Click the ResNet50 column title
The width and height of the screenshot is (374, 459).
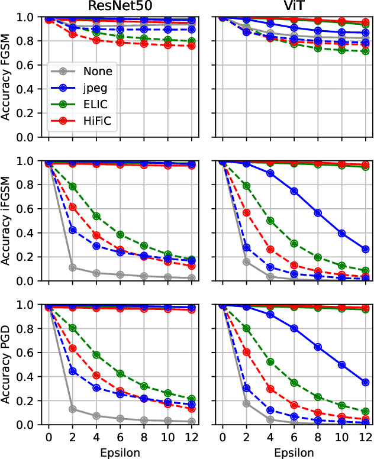(121, 7)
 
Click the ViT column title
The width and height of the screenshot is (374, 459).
(295, 7)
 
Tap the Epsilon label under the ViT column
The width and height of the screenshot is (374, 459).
(295, 452)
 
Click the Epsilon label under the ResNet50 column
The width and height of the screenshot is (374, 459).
(121, 452)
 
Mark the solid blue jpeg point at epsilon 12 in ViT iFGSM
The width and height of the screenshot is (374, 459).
(366, 250)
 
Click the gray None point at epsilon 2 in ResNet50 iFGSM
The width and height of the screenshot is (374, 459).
(72, 267)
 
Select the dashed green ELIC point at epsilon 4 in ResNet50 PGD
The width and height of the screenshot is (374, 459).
(96, 355)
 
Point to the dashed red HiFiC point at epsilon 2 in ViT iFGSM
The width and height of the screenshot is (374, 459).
(246, 212)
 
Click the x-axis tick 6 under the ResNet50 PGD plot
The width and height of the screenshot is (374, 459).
(121, 437)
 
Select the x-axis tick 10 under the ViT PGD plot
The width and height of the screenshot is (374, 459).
(341, 437)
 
